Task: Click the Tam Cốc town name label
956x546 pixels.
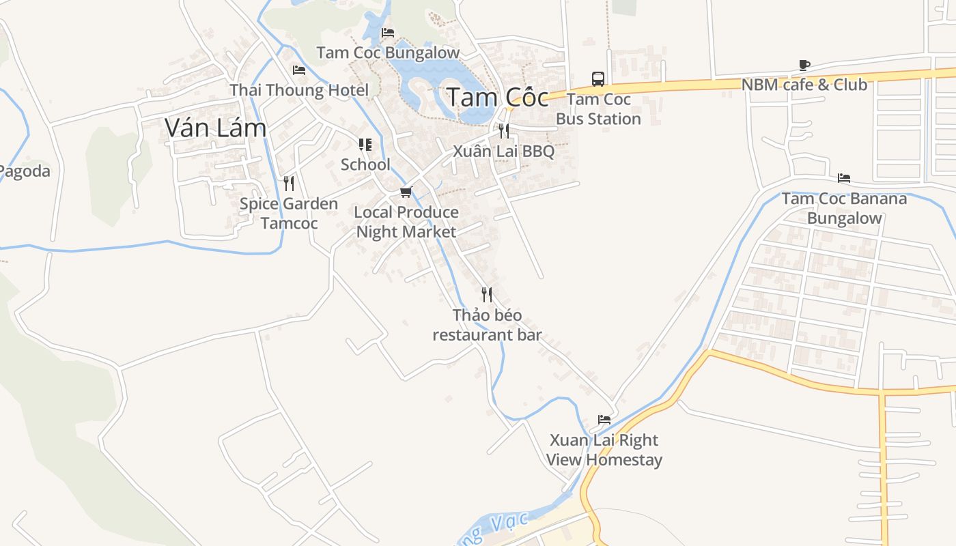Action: (x=497, y=98)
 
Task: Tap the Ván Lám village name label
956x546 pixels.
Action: (x=216, y=128)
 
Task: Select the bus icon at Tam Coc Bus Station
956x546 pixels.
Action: (x=598, y=79)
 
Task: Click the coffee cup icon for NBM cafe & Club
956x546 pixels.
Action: (x=804, y=66)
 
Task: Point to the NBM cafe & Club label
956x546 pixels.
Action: (x=804, y=85)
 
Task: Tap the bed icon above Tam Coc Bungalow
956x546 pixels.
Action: (x=388, y=32)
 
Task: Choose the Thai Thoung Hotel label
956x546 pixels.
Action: (x=299, y=90)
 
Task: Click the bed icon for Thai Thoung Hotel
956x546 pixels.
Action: (x=298, y=70)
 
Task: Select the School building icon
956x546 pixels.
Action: (x=365, y=145)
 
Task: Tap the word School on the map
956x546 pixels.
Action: (x=365, y=164)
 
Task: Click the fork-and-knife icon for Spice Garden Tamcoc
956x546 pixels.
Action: (x=289, y=183)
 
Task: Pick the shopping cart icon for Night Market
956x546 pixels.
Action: (x=406, y=192)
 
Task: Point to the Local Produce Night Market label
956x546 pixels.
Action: (x=406, y=222)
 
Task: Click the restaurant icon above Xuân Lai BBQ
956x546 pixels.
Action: (x=504, y=130)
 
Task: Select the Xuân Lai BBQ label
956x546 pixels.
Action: (x=504, y=152)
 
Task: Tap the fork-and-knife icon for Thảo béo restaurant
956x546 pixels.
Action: (x=487, y=295)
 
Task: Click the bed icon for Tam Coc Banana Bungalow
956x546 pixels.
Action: (x=844, y=178)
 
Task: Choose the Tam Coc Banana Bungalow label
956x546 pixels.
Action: (x=844, y=208)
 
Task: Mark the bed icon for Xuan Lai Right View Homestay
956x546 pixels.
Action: (x=604, y=419)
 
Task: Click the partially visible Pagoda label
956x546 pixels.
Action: (x=25, y=171)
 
